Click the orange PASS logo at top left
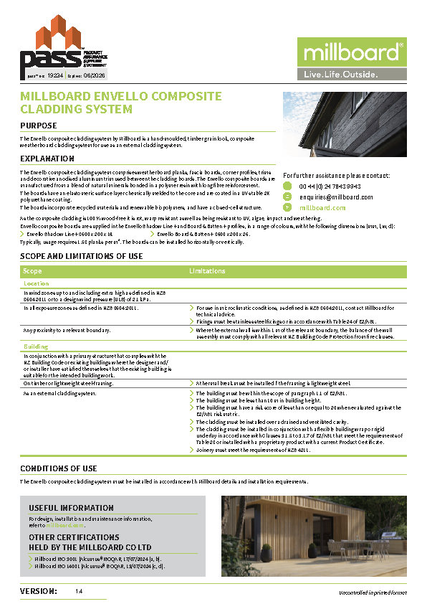coord(43,47)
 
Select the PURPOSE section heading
coord(39,126)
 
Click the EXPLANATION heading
coord(47,159)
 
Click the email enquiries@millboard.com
coord(336,197)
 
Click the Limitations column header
coord(208,271)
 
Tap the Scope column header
coord(33,271)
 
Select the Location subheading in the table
coord(37,284)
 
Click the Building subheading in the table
coord(36,346)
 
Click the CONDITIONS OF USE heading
coord(59,468)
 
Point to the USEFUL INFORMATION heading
coord(72,508)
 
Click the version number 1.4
coord(79,591)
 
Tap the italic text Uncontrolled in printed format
coord(373,593)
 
